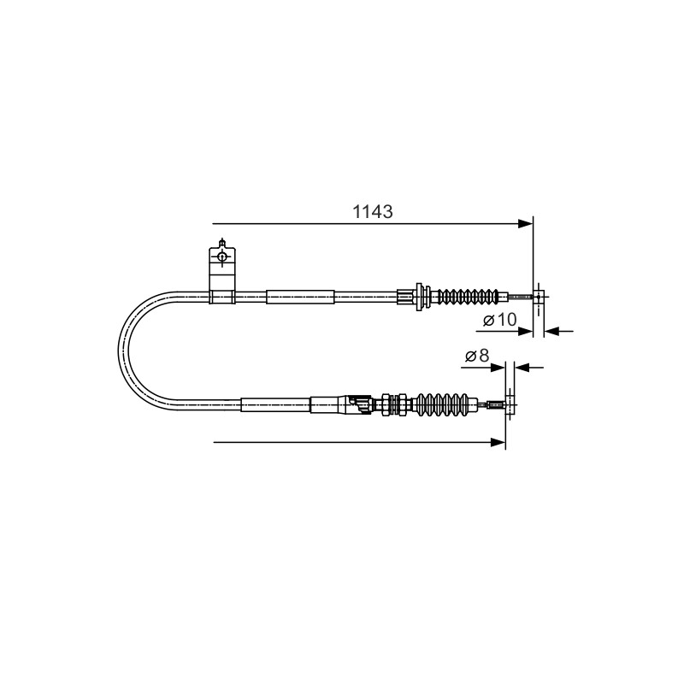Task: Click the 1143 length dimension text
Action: click(x=372, y=211)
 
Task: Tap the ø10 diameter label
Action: click(x=500, y=320)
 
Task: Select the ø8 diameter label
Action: click(x=477, y=356)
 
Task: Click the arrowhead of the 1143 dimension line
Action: click(x=525, y=224)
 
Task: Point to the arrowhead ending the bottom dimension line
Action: click(x=498, y=442)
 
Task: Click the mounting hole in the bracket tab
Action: click(x=222, y=256)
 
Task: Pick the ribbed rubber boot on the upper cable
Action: click(x=466, y=297)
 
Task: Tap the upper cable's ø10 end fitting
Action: click(x=539, y=297)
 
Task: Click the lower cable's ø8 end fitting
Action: click(x=510, y=404)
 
